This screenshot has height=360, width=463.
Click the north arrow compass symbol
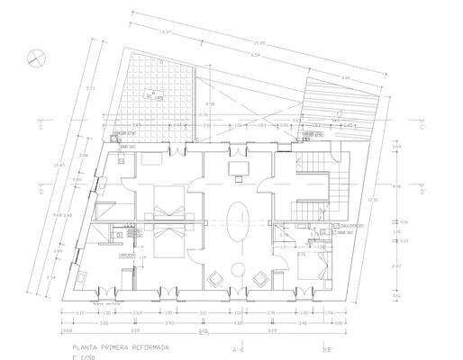(33, 55)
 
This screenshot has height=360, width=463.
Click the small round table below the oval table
(239, 266)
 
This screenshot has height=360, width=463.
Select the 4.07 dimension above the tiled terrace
(167, 32)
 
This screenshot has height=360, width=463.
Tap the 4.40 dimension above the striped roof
(345, 78)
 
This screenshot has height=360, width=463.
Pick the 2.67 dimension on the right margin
(397, 266)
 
